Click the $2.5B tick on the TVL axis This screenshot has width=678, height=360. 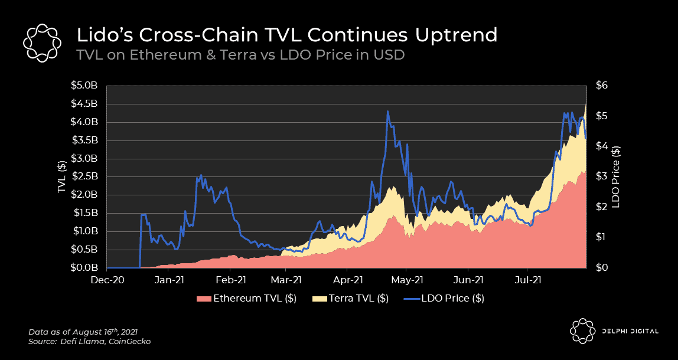point(87,177)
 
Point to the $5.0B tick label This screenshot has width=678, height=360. point(87,86)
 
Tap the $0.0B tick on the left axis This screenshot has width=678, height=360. point(87,268)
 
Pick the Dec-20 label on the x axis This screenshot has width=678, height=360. point(107,280)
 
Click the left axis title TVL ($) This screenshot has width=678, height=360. point(61,176)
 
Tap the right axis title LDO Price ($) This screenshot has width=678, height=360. point(615,176)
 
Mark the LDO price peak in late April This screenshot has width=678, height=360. point(387,111)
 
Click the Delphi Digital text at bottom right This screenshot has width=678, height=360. point(631,331)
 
